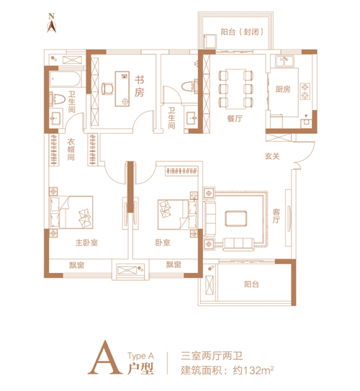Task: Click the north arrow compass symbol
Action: pyautogui.click(x=52, y=24)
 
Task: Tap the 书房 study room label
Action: pyautogui.click(x=140, y=86)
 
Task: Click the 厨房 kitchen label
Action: pyautogui.click(x=283, y=89)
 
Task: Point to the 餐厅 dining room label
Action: pyautogui.click(x=235, y=118)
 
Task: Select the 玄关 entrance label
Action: pyautogui.click(x=272, y=156)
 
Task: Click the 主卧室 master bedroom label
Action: pyautogui.click(x=86, y=243)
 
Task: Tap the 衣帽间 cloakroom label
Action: pyautogui.click(x=71, y=149)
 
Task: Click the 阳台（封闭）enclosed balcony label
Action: pyautogui.click(x=242, y=32)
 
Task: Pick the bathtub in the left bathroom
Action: pyautogui.click(x=66, y=79)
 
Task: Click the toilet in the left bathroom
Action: pyautogui.click(x=57, y=99)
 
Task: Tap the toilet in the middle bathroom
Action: pyautogui.click(x=189, y=86)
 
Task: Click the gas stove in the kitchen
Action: pyautogui.click(x=305, y=91)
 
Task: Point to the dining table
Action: pyautogui.click(x=236, y=89)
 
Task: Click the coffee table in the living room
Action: pyautogui.click(x=236, y=218)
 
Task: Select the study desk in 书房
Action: pyautogui.click(x=122, y=89)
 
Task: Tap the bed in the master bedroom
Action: pyautogui.click(x=71, y=212)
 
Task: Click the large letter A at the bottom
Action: pyautogui.click(x=105, y=358)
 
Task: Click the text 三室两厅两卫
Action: pyautogui.click(x=212, y=356)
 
